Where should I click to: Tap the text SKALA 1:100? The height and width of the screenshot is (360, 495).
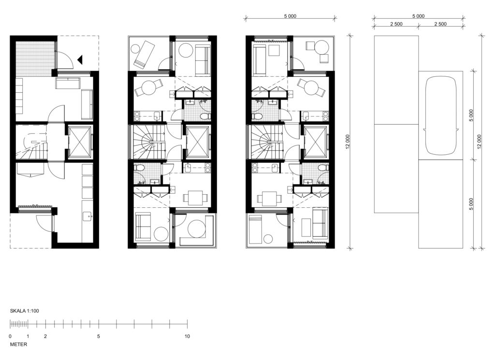click(x=24, y=311)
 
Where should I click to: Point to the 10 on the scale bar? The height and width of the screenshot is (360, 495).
click(x=187, y=336)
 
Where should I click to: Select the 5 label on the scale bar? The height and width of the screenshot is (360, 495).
click(x=99, y=336)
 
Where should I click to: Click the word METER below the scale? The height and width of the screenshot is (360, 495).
click(x=19, y=345)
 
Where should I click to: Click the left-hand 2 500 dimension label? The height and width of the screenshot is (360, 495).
click(x=396, y=24)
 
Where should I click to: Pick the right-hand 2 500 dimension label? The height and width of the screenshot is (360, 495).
click(x=440, y=24)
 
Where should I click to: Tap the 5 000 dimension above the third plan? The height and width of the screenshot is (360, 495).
click(x=290, y=16)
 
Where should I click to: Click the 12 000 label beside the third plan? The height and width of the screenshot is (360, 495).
click(x=348, y=142)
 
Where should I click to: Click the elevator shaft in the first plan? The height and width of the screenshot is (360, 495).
click(x=79, y=142)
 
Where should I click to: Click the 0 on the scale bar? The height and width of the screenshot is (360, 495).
click(x=10, y=336)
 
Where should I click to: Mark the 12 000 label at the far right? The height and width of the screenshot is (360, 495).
click(x=479, y=142)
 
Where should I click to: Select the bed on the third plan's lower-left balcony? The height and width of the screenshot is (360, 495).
click(x=256, y=230)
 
